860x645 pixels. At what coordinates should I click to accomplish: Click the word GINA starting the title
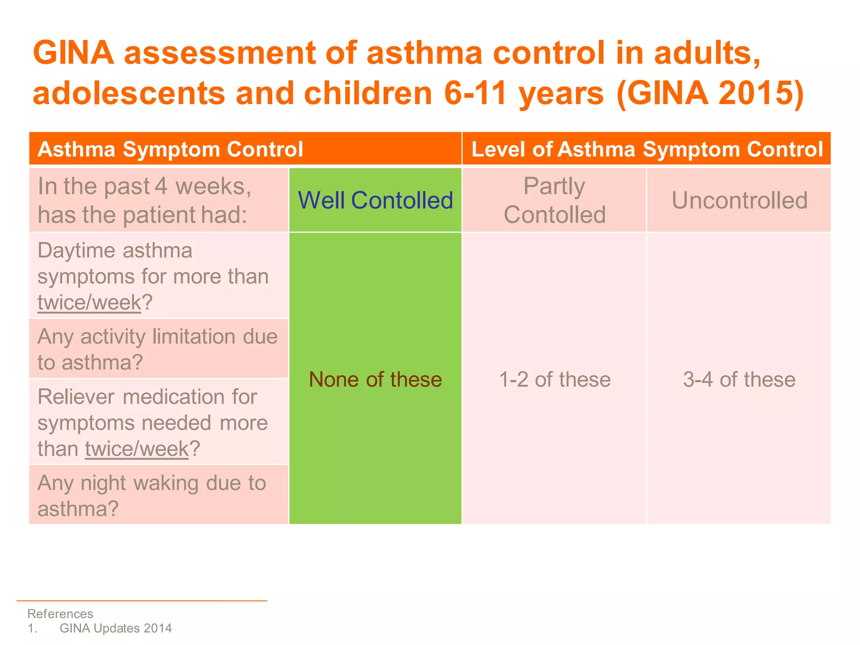coord(73,53)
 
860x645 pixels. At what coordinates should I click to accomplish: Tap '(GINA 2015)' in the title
coord(710,93)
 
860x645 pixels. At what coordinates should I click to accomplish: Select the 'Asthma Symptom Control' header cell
coord(170,149)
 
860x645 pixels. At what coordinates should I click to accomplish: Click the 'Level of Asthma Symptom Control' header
coord(647,149)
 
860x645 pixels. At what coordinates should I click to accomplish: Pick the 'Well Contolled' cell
coord(375,200)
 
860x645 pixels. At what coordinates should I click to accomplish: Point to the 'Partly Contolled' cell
coord(554,200)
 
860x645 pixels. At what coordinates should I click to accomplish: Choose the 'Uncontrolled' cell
coord(739,200)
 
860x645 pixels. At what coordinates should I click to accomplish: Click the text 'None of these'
coord(375,380)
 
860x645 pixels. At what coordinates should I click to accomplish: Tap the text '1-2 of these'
coord(554,380)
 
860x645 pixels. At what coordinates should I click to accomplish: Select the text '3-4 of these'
coord(739,380)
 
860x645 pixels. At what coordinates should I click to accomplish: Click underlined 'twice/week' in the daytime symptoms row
coord(89,303)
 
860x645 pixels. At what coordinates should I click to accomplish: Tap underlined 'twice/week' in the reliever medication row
coord(137,449)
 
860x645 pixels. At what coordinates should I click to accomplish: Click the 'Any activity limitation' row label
coord(157,349)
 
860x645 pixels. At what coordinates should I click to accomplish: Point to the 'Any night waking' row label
coord(152,496)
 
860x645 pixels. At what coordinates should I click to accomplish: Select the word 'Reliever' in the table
coord(76,397)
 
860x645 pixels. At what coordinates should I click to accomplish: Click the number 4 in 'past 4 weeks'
coord(161,186)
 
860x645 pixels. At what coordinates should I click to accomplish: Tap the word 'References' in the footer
coord(60,614)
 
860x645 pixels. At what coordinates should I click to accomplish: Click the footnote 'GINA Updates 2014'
coord(115,628)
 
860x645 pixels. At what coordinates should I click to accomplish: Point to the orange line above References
coord(142,601)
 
